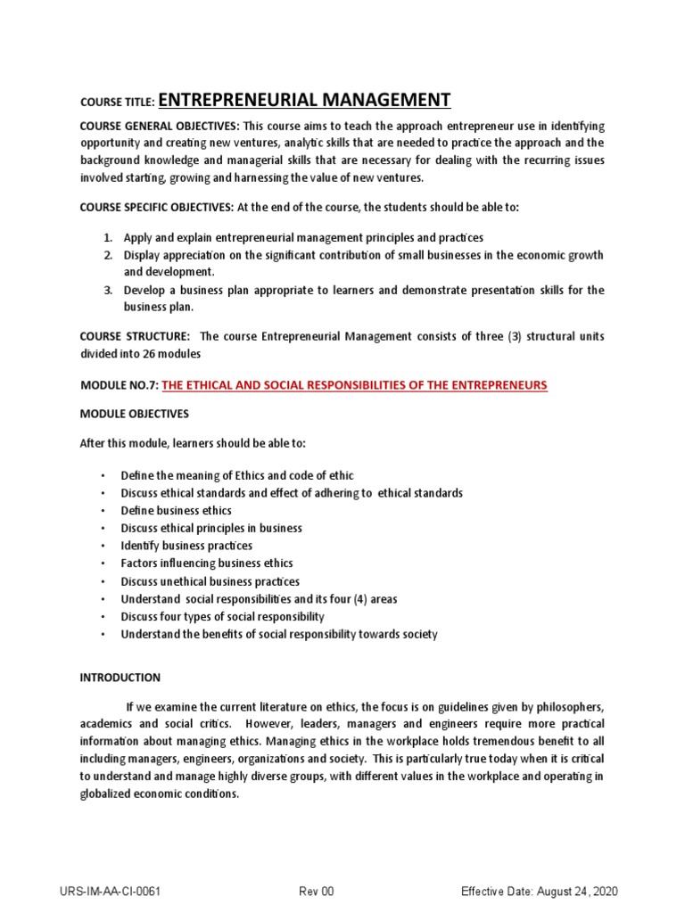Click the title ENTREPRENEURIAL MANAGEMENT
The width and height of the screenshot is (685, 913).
point(304,100)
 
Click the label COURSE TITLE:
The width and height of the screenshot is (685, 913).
point(117,103)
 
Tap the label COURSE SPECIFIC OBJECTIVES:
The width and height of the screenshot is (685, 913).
point(156,207)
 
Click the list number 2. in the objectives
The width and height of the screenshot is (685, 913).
point(106,255)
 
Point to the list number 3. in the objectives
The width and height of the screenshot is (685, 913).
point(106,290)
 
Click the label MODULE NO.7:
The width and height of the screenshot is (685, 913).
point(119,384)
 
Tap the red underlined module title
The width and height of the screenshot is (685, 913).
point(354,384)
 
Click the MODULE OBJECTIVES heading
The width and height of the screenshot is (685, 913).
point(134,415)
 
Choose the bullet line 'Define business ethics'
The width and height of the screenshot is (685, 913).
point(177,511)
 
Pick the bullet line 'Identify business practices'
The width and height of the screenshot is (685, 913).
point(186,546)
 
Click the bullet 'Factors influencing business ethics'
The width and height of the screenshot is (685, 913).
point(207,563)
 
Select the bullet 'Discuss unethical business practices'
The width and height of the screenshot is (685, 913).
point(210,581)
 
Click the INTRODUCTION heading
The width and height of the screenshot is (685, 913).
point(120,678)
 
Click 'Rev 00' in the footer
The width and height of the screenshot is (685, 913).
point(316,892)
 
